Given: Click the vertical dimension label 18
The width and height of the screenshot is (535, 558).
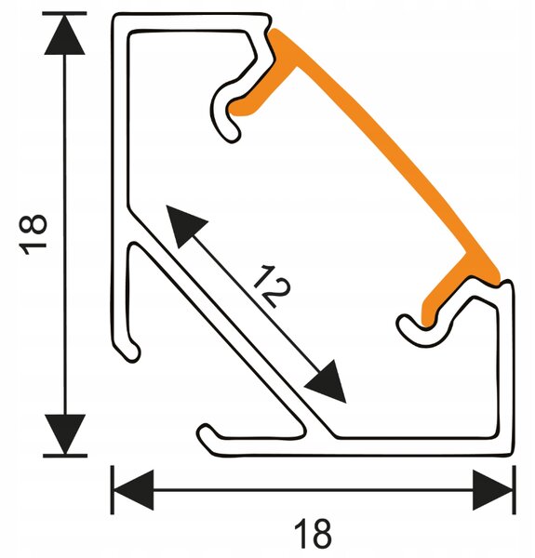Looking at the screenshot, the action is click(34, 234).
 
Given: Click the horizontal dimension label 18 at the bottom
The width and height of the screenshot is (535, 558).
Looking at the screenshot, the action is click(314, 533).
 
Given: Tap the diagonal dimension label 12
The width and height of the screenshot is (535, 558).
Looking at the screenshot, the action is click(273, 286).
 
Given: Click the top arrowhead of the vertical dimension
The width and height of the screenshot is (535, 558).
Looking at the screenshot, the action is click(64, 35).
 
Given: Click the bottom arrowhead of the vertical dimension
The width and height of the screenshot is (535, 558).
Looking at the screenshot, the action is click(64, 434).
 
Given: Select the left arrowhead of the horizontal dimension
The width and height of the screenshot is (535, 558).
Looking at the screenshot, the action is click(133, 490).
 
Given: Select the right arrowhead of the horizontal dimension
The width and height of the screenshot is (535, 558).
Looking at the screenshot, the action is click(492, 490).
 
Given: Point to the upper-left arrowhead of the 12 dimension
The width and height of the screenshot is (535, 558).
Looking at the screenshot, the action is click(185, 224).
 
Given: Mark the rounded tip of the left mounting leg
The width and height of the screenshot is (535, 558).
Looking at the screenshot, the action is click(132, 353).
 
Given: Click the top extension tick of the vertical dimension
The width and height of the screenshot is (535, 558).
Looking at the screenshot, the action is click(64, 14).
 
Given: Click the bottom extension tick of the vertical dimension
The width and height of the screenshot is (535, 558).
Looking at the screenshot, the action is click(65, 456).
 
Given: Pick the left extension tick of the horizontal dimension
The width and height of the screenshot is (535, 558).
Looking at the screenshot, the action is click(113, 490).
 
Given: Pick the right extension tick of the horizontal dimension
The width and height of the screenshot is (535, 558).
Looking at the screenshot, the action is click(514, 490).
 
